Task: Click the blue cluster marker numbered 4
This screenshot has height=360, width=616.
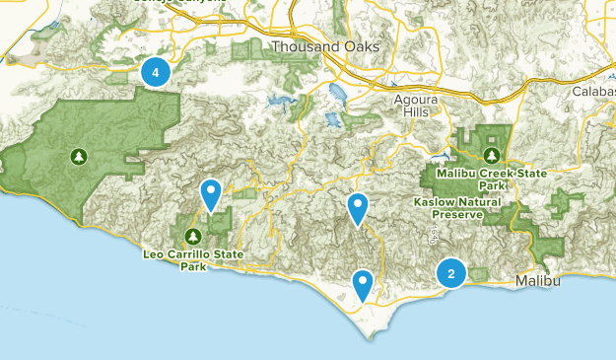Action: pos(155,71)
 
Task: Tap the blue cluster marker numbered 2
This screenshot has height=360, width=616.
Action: pos(451,273)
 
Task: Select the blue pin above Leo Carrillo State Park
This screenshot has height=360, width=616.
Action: pos(211,195)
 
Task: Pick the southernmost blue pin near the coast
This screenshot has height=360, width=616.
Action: pos(364,285)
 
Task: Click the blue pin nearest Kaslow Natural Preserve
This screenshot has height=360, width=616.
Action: pos(358,208)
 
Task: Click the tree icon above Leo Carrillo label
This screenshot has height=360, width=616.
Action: pos(193,236)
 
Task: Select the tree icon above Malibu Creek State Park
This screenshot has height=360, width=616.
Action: pos(491,155)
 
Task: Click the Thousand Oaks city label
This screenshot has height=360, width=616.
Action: pos(310,47)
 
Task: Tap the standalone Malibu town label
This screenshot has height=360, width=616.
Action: pos(538,282)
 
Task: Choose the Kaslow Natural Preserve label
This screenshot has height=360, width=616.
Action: pos(457,207)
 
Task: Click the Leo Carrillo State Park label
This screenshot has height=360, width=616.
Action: pos(194,259)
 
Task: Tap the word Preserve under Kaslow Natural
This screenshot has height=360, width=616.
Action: pos(457,214)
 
